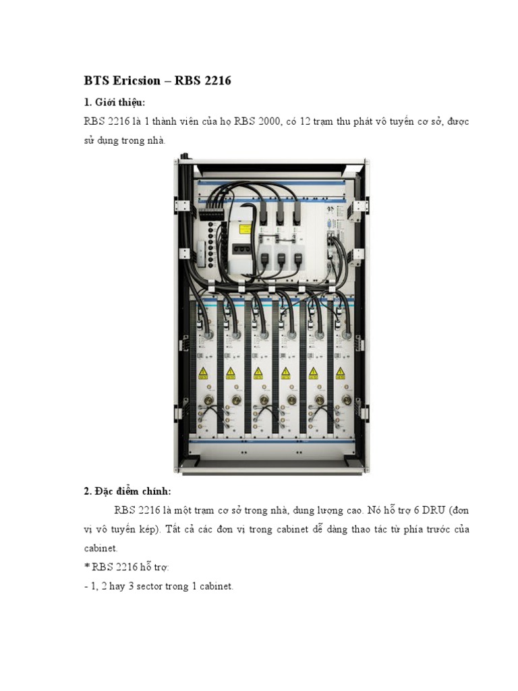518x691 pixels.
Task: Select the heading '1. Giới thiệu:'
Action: pyautogui.click(x=115, y=102)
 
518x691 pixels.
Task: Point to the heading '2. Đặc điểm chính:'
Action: pyautogui.click(x=127, y=491)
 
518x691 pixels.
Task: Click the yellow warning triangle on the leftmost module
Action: pyautogui.click(x=202, y=372)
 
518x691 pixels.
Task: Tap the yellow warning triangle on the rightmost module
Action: pyautogui.click(x=341, y=372)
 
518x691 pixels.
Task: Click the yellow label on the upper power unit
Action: pyautogui.click(x=245, y=229)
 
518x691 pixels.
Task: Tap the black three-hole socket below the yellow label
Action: pyautogui.click(x=241, y=248)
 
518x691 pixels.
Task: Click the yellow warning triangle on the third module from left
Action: pyautogui.click(x=258, y=372)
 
